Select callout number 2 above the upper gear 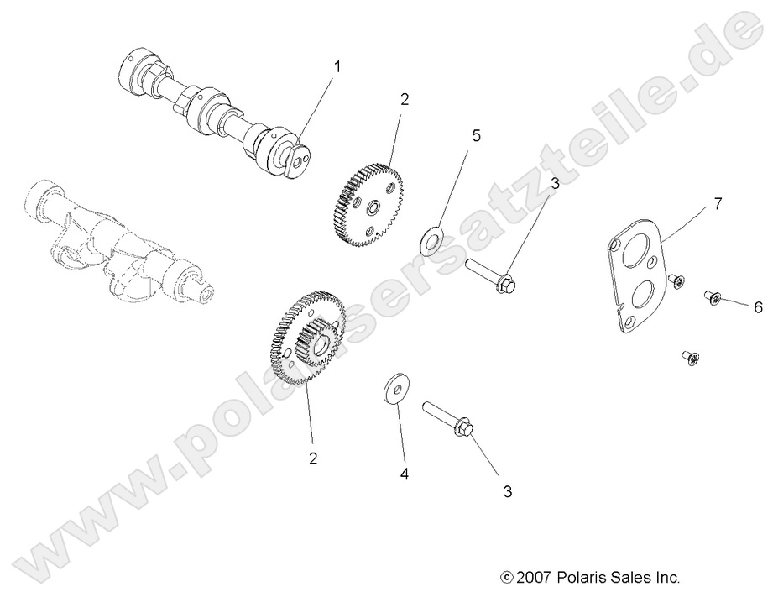point(404,99)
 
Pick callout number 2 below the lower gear point(312,458)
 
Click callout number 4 point(404,474)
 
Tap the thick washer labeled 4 point(392,390)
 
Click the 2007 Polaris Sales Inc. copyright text point(588,577)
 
